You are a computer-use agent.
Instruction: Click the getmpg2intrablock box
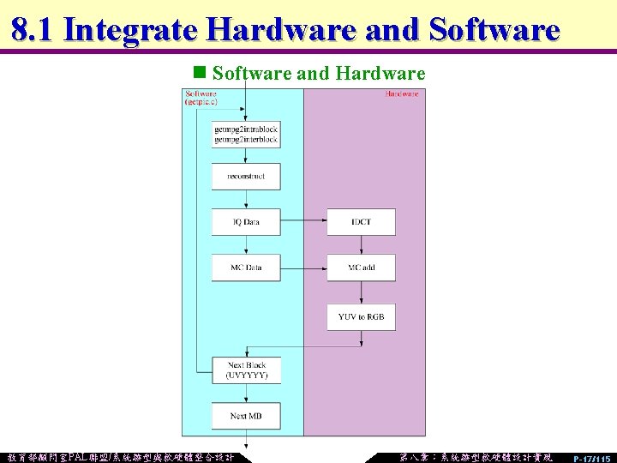[246, 135]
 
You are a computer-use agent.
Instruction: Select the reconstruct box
[246, 176]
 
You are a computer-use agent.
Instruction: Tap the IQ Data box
[246, 222]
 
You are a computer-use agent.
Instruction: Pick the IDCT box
[361, 222]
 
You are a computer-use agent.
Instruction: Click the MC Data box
[246, 268]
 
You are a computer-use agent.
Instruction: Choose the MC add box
[361, 268]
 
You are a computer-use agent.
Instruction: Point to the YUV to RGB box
[361, 316]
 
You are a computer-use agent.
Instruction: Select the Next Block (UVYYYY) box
[246, 370]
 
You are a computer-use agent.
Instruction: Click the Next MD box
[246, 416]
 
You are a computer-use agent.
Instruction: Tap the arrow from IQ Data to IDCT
[303, 222]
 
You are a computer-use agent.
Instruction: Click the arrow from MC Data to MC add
[303, 268]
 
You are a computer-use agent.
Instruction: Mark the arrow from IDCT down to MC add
[361, 244]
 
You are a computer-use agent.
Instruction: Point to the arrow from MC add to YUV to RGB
[361, 292]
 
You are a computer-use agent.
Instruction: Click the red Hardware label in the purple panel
[402, 93]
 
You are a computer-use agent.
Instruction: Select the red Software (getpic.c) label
[202, 97]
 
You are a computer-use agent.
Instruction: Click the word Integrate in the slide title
[132, 30]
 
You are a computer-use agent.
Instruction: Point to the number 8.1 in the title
[33, 30]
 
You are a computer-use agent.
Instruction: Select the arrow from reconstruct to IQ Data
[246, 199]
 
